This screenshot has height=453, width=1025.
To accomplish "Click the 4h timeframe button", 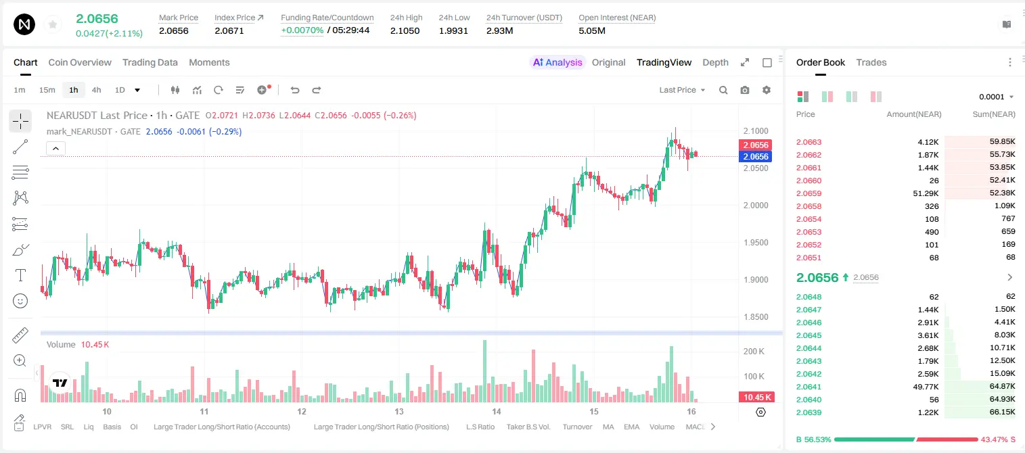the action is pos(96,90).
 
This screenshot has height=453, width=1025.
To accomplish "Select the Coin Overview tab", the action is pos(80,63).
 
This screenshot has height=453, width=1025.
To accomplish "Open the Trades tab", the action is pos(871,63).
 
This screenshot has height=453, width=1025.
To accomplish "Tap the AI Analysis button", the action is pos(557,63).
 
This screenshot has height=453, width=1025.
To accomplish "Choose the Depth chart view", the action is pos(715,63).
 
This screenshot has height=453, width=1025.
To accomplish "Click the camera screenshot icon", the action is pos(745,90).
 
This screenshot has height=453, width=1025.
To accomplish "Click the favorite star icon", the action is pos(53,24).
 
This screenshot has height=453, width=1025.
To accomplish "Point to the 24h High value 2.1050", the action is pos(405,30).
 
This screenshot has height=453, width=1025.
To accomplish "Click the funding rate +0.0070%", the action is pos(302,30).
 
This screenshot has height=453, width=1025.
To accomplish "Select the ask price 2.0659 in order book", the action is pos(808,193).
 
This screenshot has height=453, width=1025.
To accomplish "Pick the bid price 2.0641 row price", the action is pos(808,387).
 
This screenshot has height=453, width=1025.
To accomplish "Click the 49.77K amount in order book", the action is pos(926,387).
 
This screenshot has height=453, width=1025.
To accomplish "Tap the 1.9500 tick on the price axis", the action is pos(756,242).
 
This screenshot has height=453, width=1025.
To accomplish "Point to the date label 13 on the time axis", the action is pos(399,411).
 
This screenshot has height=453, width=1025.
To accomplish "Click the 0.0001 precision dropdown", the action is pos(996,97).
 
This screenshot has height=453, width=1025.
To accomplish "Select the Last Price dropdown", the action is pos(682,90).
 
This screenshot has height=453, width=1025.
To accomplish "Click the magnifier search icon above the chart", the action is pos(723,90).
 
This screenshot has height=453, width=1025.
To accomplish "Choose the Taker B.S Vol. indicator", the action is pos(528,427).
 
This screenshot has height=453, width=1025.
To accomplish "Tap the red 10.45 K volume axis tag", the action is pos(756,398).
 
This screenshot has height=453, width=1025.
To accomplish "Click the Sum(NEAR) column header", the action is pos(994,114).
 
